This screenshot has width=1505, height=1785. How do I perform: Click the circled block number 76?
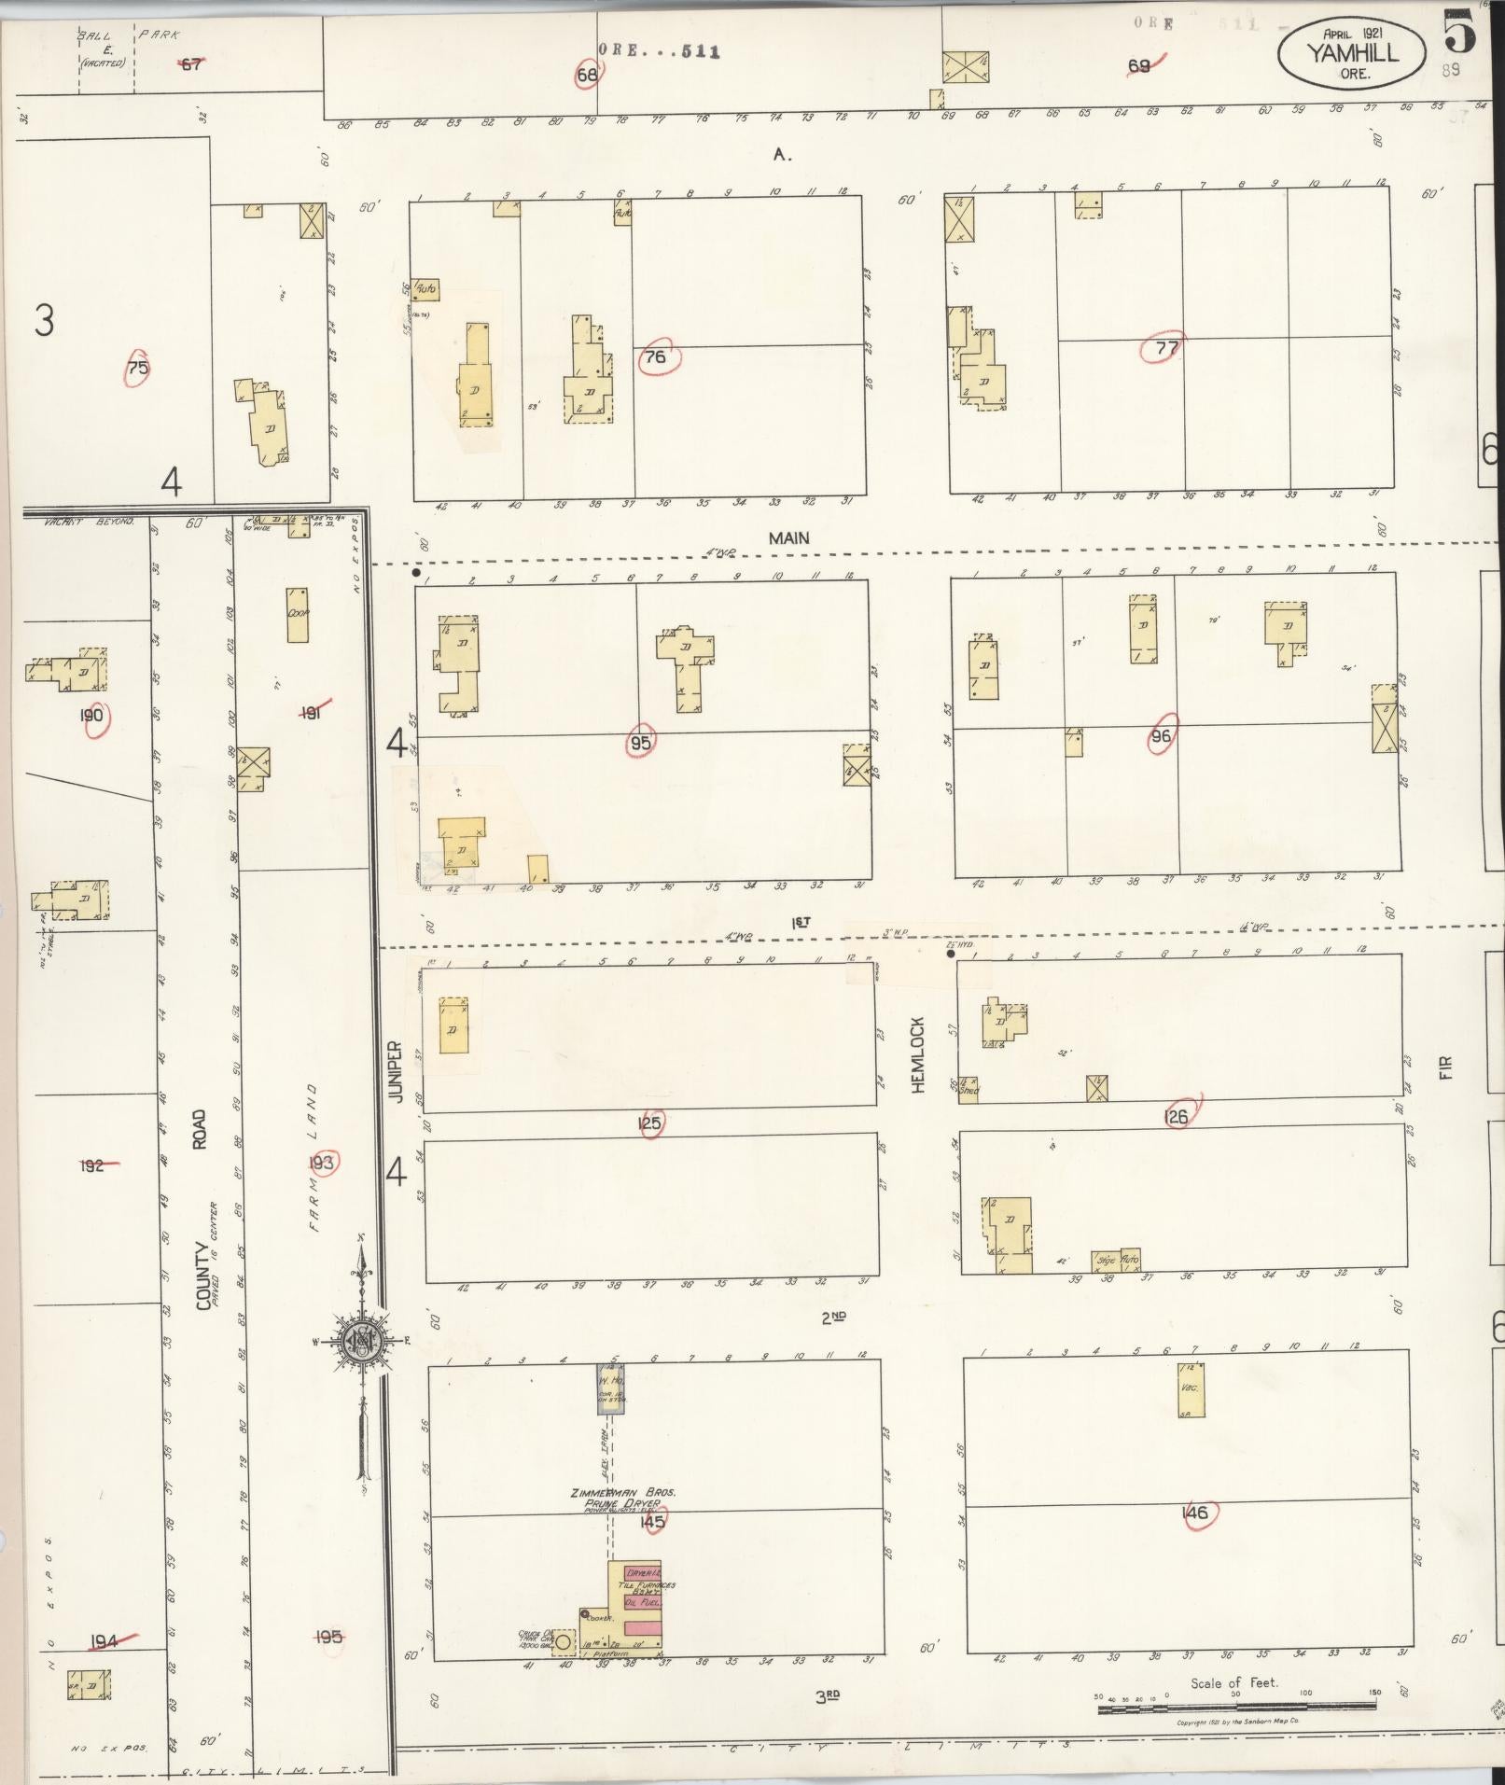pyautogui.click(x=657, y=357)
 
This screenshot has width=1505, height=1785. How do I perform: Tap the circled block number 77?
pyautogui.click(x=1165, y=348)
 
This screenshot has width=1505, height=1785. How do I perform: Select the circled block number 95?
pyautogui.click(x=641, y=743)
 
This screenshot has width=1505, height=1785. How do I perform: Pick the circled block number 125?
pyautogui.click(x=649, y=1123)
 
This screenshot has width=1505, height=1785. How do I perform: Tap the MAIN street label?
pyautogui.click(x=788, y=538)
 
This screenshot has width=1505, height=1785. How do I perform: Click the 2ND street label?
pyautogui.click(x=832, y=1318)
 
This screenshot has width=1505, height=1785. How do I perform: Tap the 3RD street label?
pyautogui.click(x=829, y=1696)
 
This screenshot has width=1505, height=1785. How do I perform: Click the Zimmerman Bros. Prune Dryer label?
pyautogui.click(x=623, y=1499)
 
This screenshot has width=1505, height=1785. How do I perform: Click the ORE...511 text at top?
pyautogui.click(x=659, y=52)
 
